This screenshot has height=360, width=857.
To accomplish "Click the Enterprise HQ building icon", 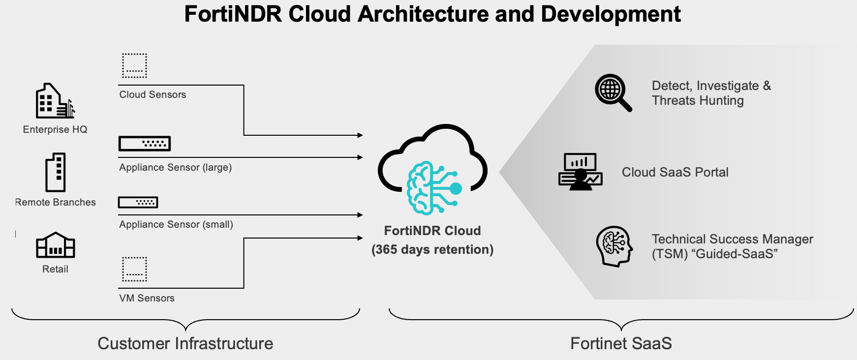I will (54, 101).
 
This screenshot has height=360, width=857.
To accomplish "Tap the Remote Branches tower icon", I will (56, 172).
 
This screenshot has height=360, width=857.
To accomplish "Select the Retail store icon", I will (55, 245).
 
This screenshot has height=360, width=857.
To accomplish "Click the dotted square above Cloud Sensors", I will (134, 65).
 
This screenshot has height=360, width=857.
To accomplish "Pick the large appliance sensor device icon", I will (145, 144).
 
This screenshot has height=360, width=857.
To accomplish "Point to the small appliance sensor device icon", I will (138, 202).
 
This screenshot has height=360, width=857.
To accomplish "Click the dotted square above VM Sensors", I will (134, 269).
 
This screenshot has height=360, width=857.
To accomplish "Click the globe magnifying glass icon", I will (612, 92).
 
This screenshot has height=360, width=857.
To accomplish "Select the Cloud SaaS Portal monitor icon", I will (581, 172).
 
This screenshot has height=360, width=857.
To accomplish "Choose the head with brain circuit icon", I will (614, 246).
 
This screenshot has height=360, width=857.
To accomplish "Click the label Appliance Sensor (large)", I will (175, 167).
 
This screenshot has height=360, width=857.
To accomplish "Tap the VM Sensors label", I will (147, 298).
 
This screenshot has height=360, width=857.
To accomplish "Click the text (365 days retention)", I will (432, 249).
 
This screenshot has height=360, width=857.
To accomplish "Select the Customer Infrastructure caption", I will (185, 343).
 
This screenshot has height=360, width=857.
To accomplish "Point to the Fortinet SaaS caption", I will (621, 343).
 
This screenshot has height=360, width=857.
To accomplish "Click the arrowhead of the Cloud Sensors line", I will (360, 135).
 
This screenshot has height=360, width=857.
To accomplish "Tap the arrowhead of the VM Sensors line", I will (360, 238).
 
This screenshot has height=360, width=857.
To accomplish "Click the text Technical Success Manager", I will (732, 239).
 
